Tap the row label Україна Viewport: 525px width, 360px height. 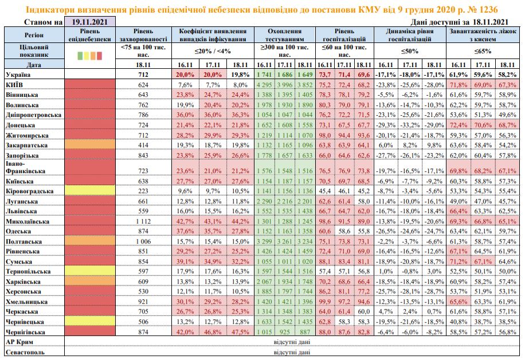17,75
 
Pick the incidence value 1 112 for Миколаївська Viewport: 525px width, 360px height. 143,222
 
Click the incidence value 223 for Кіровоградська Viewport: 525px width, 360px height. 143,191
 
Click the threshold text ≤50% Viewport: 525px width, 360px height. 409,51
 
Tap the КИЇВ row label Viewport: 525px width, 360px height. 15,85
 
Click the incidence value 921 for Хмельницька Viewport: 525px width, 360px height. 143,301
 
